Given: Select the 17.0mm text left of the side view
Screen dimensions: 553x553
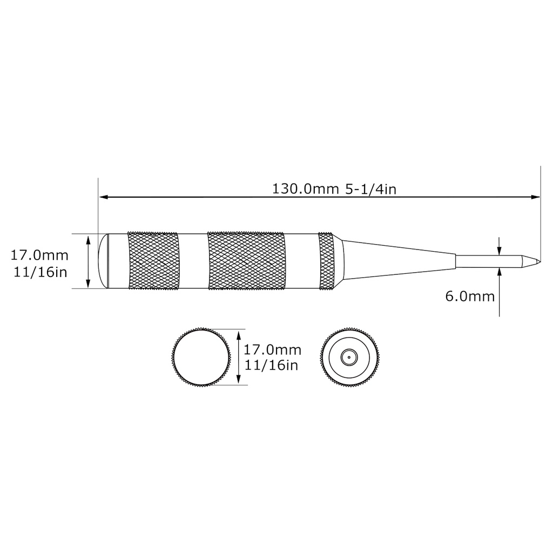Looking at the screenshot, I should tap(39, 254).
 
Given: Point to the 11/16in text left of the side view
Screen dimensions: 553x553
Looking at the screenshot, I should tap(39, 272).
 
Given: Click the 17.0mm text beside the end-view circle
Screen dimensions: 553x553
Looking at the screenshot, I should tap(273, 350).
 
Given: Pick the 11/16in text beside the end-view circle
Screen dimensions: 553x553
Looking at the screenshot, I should tap(271, 366).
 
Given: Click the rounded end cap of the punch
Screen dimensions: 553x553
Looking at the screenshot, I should tap(103, 261).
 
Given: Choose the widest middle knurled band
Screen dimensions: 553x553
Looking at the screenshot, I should tap(246, 261).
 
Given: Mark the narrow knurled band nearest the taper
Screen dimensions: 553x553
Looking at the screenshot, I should tap(327, 261).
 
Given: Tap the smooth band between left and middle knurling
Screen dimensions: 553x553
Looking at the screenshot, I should tap(192, 261).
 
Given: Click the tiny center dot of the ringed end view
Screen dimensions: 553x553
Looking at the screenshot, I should tap(349, 357).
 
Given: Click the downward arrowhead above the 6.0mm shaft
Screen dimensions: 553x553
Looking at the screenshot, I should tap(500, 249).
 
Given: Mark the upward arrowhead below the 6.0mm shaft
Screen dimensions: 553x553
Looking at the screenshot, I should tap(500, 272).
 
